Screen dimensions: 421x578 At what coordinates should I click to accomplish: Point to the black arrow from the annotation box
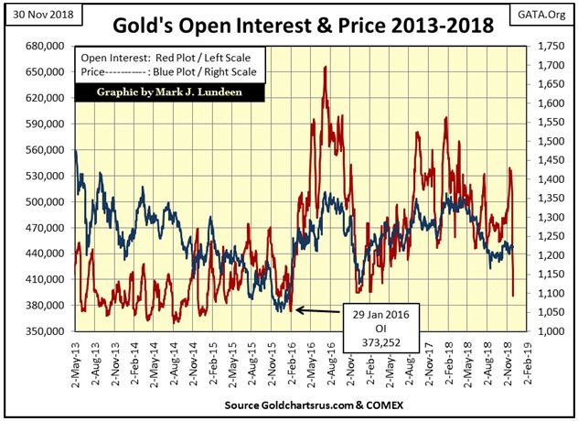(x=319, y=312)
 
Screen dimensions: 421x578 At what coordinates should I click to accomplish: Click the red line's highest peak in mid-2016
(x=325, y=68)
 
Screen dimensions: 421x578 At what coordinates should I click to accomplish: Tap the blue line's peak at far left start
(x=75, y=152)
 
